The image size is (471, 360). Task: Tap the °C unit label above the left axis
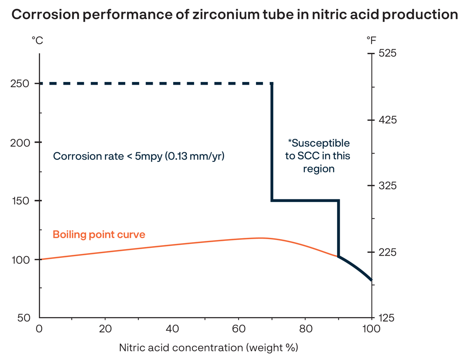point(37,41)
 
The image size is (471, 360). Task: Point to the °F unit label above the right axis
point(371,41)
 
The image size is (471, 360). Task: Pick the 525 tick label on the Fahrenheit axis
point(386,54)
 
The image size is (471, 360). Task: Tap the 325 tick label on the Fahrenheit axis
point(386,186)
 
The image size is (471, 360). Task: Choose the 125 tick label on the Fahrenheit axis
point(386,318)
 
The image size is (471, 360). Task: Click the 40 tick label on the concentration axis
point(172,329)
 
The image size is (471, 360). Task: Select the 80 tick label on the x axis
point(305,329)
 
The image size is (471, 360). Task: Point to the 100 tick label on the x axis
point(371,329)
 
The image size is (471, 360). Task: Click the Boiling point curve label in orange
point(99,235)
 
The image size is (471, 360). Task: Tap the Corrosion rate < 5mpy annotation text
point(138,156)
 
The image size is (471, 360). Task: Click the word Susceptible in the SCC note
point(321,143)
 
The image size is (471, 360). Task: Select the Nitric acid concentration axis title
point(208,348)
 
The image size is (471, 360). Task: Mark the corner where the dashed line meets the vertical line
point(272,83)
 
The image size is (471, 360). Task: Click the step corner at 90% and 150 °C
point(338,201)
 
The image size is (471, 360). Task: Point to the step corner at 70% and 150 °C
point(272,201)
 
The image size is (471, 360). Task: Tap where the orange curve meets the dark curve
point(338,257)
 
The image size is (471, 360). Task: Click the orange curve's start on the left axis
point(40,260)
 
